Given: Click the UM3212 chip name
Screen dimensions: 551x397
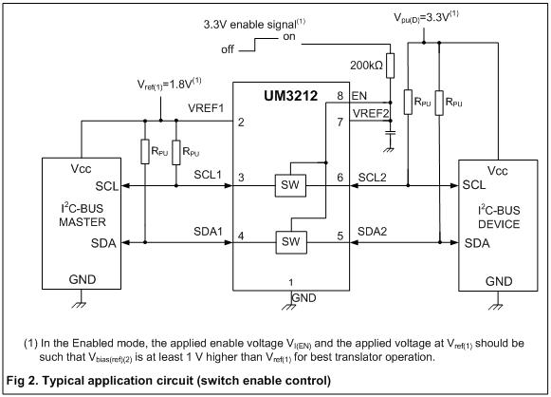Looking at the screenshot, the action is coord(290,96).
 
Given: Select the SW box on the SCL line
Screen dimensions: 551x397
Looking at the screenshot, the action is coord(290,185).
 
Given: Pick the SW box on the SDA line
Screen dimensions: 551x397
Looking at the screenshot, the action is coord(291,242).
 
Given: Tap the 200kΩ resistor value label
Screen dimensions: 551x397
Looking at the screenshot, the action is coord(366,66).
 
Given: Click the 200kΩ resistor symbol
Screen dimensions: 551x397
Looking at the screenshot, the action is coord(390,66).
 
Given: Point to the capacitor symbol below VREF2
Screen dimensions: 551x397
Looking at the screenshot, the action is coord(390,133).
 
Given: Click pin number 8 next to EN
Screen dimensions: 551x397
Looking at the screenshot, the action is coord(340,96).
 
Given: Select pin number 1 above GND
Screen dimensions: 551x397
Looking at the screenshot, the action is coord(291,282).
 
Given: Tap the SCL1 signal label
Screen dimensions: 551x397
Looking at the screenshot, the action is coord(208,175).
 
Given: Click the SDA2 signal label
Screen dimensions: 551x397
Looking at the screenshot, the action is coord(372,232).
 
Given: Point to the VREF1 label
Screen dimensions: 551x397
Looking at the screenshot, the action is coord(206,108).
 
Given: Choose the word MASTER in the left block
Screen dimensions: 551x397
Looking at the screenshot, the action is coord(83,222).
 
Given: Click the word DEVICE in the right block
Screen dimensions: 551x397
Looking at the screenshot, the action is coord(499,224).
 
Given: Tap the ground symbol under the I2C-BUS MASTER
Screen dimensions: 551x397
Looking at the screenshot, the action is coord(79,304).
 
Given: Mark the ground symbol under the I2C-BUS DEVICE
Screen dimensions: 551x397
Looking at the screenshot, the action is coord(495,306).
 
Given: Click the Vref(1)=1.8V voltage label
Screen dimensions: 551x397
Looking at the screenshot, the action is coord(169,85).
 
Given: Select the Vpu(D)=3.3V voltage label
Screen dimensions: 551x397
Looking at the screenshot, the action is coord(426,17).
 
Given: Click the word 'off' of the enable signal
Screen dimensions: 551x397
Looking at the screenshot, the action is coord(228,49).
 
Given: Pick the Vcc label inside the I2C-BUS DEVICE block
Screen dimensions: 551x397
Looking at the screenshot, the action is coord(497,171).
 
